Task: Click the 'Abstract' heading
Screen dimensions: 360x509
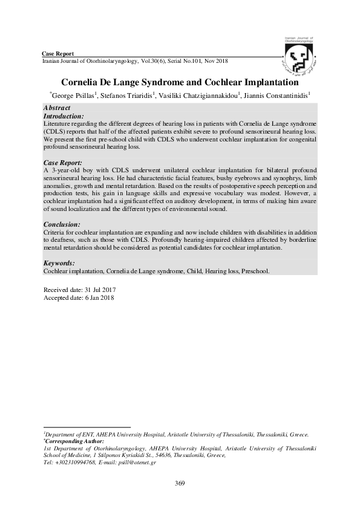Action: click(x=57, y=108)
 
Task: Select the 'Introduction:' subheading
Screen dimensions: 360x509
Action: click(x=64, y=115)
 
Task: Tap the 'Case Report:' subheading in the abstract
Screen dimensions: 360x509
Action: click(x=63, y=163)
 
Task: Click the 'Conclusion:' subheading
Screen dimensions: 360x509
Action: click(x=62, y=224)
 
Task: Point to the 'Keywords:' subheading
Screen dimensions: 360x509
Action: click(x=59, y=264)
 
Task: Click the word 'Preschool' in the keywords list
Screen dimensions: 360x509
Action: click(x=255, y=271)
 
